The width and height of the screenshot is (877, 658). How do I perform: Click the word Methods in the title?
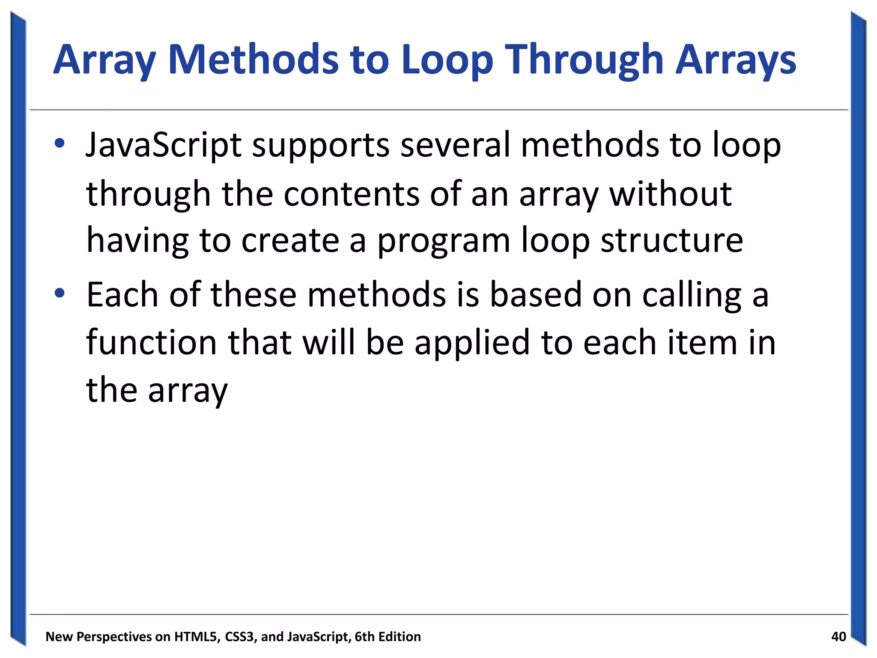tap(254, 60)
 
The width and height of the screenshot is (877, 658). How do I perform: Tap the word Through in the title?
tap(585, 60)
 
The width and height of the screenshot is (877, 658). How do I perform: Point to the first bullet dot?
tap(60, 143)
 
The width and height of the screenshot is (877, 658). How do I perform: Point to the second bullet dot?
tap(60, 293)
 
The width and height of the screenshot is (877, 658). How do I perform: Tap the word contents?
tap(351, 194)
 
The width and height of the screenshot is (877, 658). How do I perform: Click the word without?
tap(670, 194)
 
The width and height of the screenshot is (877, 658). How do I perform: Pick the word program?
tap(444, 241)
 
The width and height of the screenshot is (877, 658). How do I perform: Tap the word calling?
tap(692, 296)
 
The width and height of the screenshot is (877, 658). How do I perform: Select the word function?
tap(151, 343)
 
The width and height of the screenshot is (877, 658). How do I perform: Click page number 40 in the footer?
tap(838, 637)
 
